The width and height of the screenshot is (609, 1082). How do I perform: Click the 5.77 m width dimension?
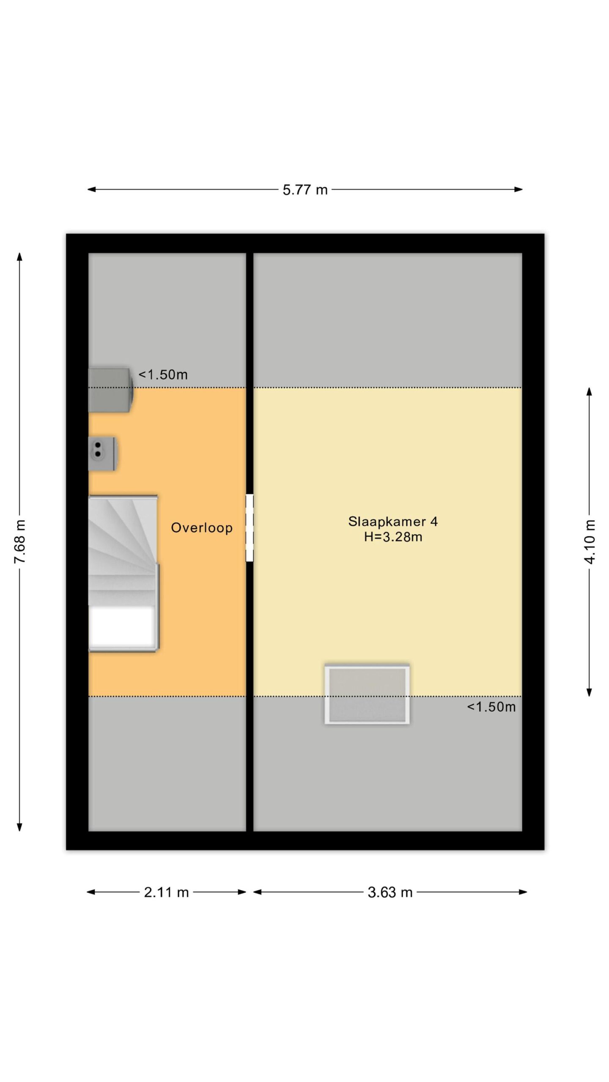(305, 190)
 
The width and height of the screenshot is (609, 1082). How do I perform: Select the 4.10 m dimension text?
(590, 542)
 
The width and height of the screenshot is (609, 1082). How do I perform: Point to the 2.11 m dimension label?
(166, 892)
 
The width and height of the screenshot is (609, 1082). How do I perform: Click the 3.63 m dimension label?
(390, 892)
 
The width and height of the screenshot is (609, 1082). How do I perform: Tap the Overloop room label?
(202, 528)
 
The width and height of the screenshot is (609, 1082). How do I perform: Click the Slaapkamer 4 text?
(393, 522)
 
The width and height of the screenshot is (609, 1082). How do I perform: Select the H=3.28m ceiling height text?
(393, 537)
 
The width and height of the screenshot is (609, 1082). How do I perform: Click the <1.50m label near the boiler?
(163, 375)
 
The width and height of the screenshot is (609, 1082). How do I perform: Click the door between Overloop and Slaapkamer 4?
(250, 528)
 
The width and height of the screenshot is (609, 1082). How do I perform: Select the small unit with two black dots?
(102, 454)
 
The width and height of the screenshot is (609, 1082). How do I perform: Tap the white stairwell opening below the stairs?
(122, 627)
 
